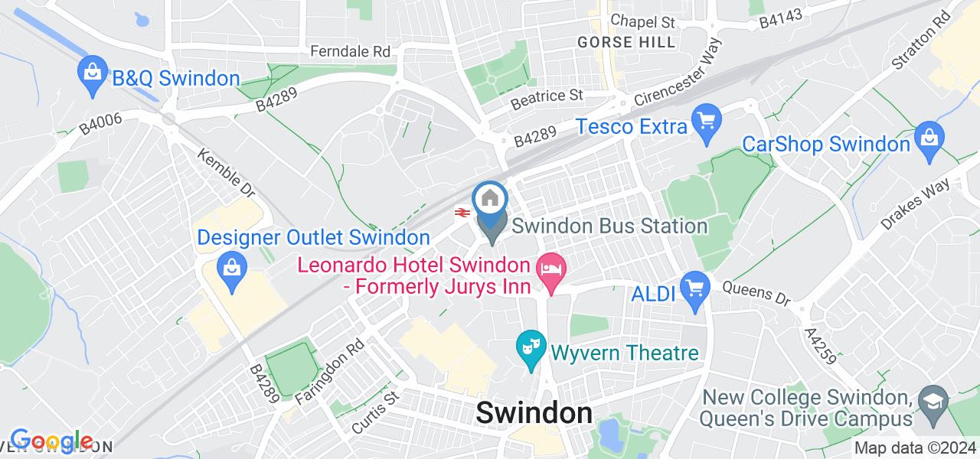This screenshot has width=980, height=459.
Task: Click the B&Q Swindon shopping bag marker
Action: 92,75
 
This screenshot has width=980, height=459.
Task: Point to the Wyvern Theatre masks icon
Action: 530,349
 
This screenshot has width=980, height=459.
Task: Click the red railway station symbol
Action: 462,213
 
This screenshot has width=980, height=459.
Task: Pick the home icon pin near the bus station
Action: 491,200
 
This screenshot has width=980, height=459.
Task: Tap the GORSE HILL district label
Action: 627,42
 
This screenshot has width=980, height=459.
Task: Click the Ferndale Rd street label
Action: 350,51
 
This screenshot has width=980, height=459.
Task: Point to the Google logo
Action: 51,441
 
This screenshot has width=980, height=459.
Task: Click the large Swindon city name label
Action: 534,413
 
